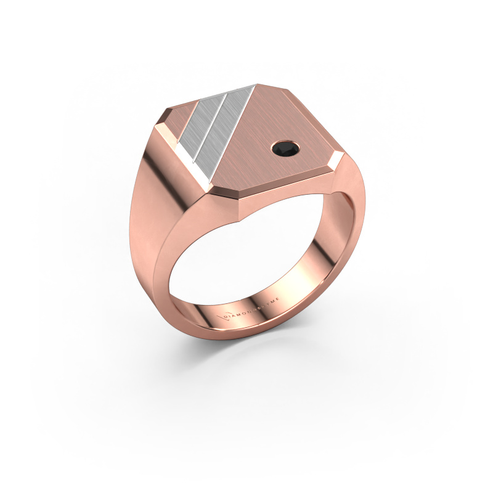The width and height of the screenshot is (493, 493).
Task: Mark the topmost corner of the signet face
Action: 259,85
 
